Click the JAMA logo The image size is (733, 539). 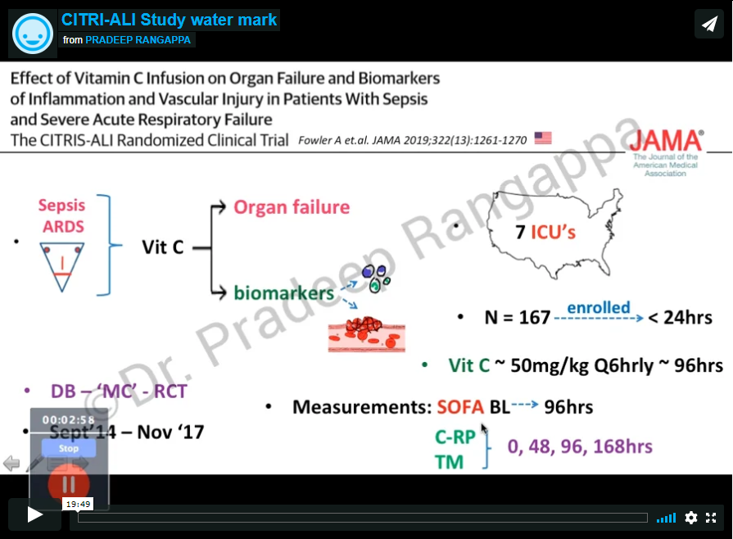(666, 140)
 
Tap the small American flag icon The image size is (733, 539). (543, 138)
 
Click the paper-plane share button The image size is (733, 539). (708, 24)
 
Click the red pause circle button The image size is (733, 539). (69, 484)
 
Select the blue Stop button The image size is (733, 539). (69, 448)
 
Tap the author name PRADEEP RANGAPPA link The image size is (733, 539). (139, 40)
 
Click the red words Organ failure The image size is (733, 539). (292, 206)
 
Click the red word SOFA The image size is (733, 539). (460, 406)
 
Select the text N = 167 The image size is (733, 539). (517, 317)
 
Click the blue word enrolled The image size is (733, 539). (599, 308)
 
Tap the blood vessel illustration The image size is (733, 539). (366, 334)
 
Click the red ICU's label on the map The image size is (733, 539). (554, 233)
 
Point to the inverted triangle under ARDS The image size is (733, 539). (62, 260)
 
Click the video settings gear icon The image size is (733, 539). (691, 517)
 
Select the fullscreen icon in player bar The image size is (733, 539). (711, 517)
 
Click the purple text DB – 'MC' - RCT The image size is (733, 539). (119, 392)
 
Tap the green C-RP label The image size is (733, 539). (455, 437)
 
